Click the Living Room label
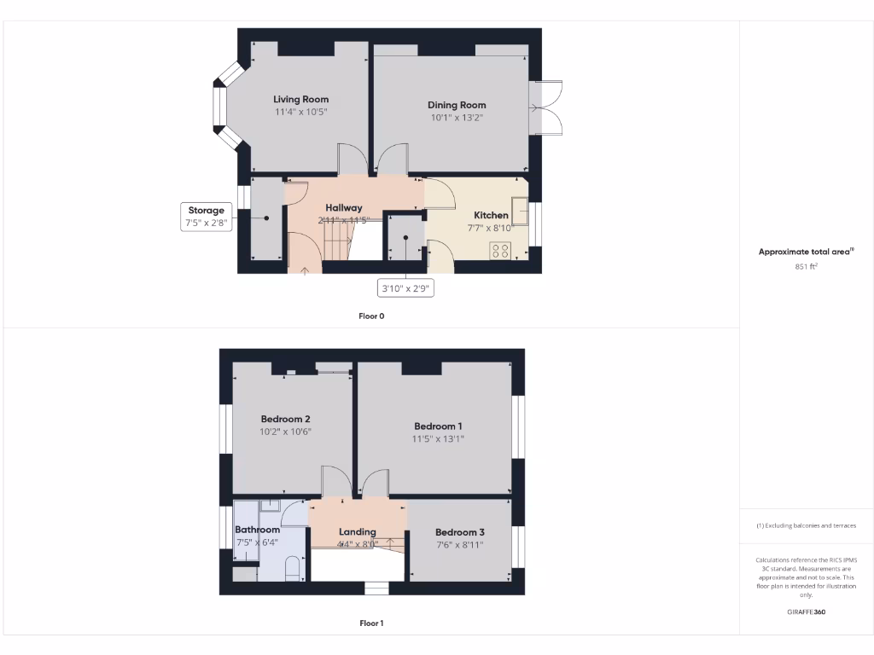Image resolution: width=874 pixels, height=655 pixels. (x=300, y=100)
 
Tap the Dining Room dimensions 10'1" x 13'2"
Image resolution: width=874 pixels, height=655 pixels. (x=457, y=118)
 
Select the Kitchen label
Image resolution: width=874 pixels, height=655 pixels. (x=491, y=216)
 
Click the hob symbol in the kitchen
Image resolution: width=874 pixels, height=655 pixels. (x=500, y=251)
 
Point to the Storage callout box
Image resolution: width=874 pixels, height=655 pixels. (x=206, y=217)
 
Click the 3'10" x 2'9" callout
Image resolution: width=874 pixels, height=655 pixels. (x=405, y=289)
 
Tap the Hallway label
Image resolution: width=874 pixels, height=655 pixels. (x=344, y=207)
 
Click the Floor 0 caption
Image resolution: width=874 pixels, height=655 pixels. (x=371, y=316)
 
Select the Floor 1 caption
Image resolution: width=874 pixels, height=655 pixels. (x=371, y=623)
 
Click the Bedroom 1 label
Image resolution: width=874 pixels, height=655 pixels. (x=438, y=426)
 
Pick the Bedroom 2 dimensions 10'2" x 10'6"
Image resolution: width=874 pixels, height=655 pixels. (x=285, y=432)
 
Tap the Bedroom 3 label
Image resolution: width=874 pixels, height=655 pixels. (x=460, y=532)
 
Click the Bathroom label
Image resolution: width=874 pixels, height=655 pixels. (x=257, y=530)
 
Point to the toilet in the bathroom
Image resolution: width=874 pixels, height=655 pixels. (x=291, y=568)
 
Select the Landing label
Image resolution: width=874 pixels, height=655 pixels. (x=357, y=531)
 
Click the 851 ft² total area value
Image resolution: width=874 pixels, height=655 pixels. (x=807, y=267)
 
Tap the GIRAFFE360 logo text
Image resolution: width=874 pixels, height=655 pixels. (x=807, y=612)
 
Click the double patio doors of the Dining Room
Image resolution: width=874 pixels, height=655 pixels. (x=546, y=107)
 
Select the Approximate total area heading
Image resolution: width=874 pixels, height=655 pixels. (x=806, y=252)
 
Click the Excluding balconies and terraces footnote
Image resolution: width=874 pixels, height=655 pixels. (x=806, y=525)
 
